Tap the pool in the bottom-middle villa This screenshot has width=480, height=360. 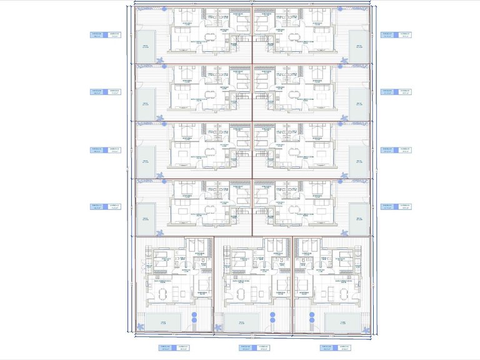(242, 322)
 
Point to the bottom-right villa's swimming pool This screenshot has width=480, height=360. (342, 322)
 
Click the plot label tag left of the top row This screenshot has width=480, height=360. (105, 35)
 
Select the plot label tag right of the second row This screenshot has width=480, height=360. (396, 92)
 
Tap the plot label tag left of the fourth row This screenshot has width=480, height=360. (105, 207)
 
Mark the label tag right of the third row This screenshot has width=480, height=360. (396, 150)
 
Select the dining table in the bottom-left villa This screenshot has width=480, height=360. (164, 292)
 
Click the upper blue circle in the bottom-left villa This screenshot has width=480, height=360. (194, 314)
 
